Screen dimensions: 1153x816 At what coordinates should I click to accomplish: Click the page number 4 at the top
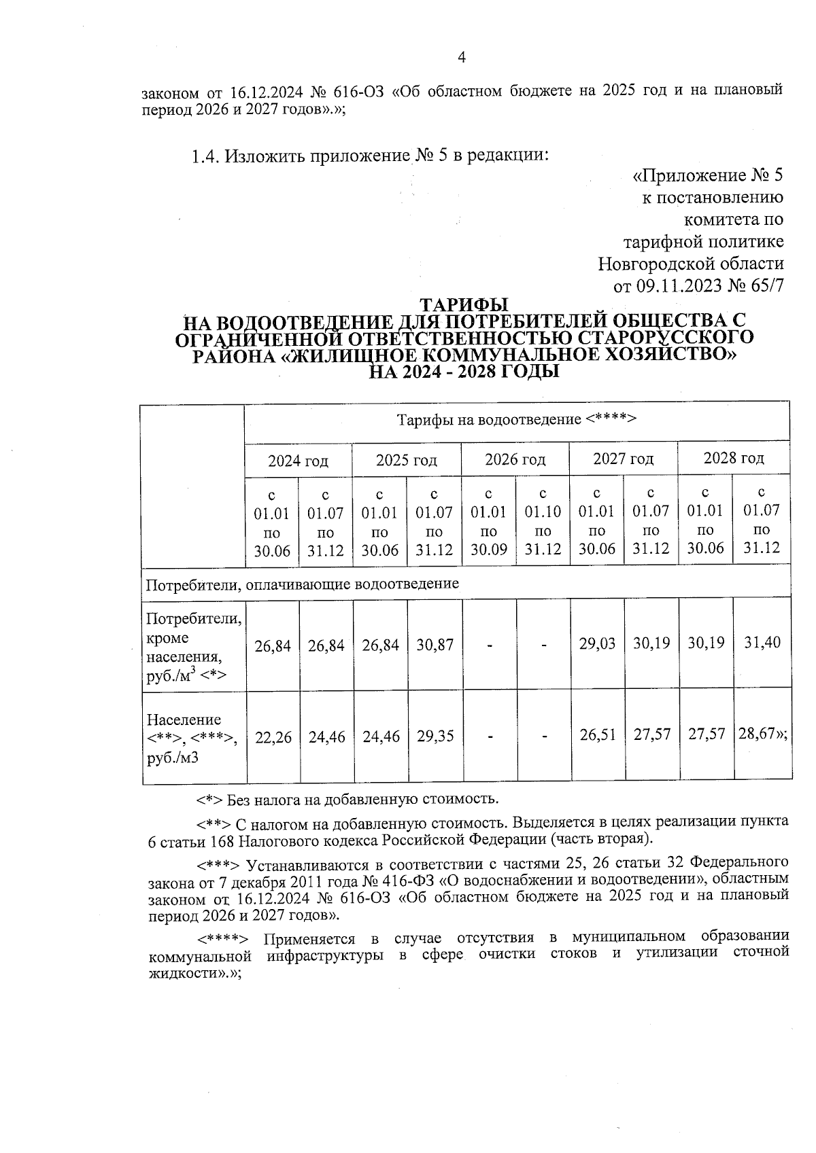pyautogui.click(x=462, y=58)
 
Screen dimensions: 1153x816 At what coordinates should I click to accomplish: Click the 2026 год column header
pyautogui.click(x=515, y=459)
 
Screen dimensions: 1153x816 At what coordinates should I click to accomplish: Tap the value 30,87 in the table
pyautogui.click(x=435, y=645)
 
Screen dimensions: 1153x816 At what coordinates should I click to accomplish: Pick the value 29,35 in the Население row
pyautogui.click(x=435, y=737)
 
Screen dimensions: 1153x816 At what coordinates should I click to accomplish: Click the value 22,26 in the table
pyautogui.click(x=273, y=737)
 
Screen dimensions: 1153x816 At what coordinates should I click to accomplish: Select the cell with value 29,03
pyautogui.click(x=597, y=643)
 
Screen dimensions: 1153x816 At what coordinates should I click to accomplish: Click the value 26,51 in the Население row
pyautogui.click(x=598, y=735)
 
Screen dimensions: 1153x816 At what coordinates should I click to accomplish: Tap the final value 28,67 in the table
pyautogui.click(x=760, y=734)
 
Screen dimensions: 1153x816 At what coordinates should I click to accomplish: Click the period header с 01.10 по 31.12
pyautogui.click(x=543, y=520)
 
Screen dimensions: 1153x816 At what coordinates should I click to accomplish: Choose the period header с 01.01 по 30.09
pyautogui.click(x=489, y=520)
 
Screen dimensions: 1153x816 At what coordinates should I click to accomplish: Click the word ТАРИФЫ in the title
pyautogui.click(x=464, y=305)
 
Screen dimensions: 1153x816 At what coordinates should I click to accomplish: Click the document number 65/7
pyautogui.click(x=764, y=285)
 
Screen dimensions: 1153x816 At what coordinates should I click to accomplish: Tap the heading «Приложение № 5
pyautogui.click(x=708, y=176)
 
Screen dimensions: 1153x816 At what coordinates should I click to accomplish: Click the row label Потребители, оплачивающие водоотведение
pyautogui.click(x=303, y=584)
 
